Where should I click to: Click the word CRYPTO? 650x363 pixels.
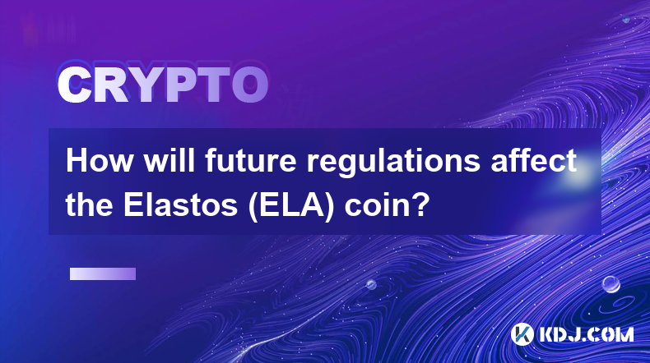[x=163, y=85]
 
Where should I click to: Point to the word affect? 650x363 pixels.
[x=533, y=161]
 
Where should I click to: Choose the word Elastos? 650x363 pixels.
[x=180, y=204]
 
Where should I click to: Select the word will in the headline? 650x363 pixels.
[x=169, y=161]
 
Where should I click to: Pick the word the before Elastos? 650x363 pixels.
[x=90, y=204]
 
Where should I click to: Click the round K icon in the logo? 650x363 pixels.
[x=522, y=334]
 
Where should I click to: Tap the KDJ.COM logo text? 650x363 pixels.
[x=586, y=334]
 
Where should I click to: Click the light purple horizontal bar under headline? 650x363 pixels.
[x=103, y=274]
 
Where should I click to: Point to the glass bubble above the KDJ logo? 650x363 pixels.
[x=611, y=284]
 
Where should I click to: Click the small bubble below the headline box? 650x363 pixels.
[x=371, y=284]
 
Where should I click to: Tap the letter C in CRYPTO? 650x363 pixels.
[x=74, y=85]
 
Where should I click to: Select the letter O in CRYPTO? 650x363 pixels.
[x=250, y=85]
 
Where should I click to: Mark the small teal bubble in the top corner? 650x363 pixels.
[x=626, y=19]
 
